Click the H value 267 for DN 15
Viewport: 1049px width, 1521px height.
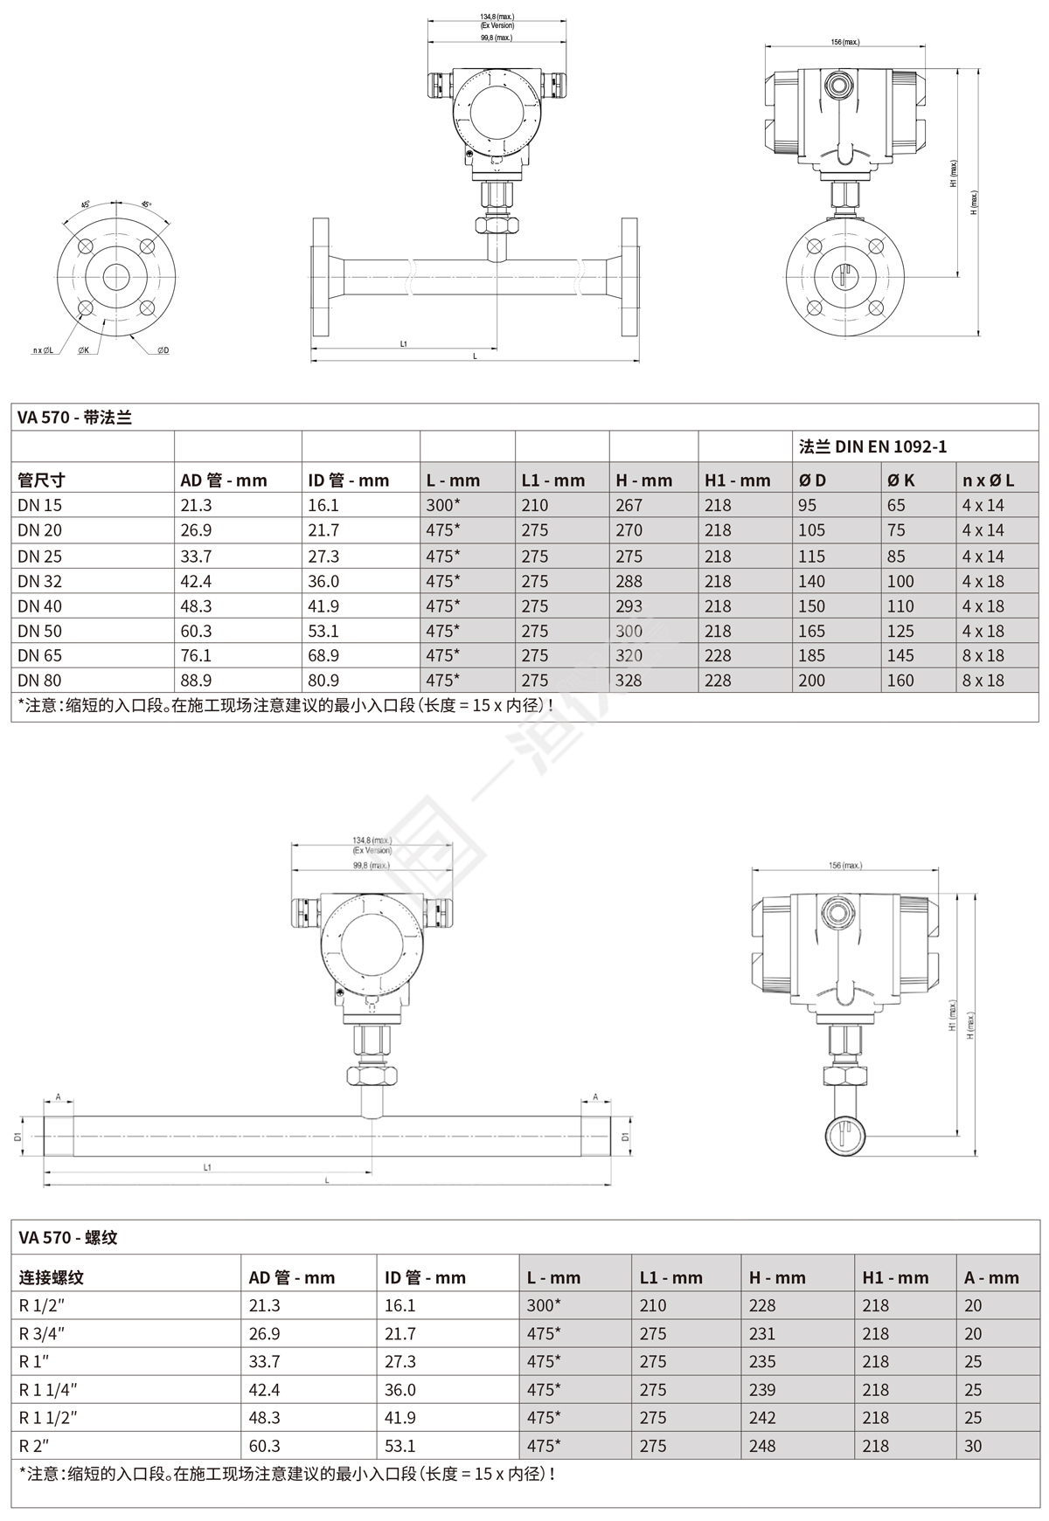(x=629, y=505)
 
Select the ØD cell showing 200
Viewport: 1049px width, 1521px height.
(x=811, y=681)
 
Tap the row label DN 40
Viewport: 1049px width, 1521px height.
(x=39, y=606)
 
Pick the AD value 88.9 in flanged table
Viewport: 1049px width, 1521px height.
(x=196, y=681)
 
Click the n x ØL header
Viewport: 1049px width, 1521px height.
(x=988, y=480)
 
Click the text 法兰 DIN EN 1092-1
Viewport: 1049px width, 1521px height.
(x=872, y=446)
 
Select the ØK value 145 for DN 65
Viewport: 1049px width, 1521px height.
(x=900, y=655)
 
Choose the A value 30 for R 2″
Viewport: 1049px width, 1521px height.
(x=973, y=1446)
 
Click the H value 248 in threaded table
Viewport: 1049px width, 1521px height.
(x=762, y=1446)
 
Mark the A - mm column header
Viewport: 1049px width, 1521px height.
(x=991, y=1277)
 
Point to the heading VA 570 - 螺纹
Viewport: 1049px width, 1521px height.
(x=67, y=1237)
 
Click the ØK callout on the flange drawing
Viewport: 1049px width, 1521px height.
(x=83, y=350)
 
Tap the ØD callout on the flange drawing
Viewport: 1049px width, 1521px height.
(x=163, y=350)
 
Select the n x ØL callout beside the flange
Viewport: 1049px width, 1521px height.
(x=43, y=350)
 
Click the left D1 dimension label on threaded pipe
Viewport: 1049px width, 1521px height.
(x=17, y=1137)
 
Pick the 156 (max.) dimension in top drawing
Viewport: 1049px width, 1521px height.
(x=844, y=42)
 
